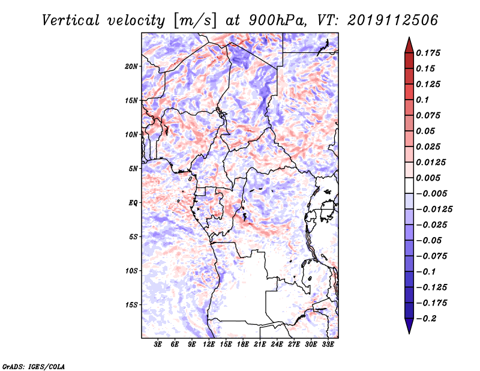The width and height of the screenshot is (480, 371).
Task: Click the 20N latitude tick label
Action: point(131,67)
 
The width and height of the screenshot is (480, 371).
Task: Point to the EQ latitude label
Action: point(133,203)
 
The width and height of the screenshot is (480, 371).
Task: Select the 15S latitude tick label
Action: point(131,305)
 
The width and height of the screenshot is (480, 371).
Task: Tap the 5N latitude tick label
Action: point(133,169)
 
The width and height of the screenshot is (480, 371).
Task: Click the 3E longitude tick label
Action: point(158,344)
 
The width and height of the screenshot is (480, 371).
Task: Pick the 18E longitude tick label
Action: point(242,344)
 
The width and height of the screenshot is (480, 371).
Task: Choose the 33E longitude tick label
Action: point(328,344)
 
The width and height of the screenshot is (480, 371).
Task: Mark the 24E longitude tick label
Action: point(277,344)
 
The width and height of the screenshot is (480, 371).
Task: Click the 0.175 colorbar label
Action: point(428,53)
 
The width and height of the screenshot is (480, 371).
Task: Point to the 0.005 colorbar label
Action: point(428,178)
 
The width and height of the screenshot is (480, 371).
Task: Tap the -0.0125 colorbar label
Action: point(434,210)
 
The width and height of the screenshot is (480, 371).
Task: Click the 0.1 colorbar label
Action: point(422,100)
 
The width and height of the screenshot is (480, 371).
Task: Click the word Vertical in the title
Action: point(71,20)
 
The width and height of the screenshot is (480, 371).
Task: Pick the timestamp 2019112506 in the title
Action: point(393,20)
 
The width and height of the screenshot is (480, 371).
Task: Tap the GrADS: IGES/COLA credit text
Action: point(34,367)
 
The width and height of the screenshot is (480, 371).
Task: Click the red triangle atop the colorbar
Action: point(409,46)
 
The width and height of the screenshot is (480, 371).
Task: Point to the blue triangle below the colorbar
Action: point(409,325)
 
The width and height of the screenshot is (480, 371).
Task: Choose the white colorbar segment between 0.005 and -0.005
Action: point(409,185)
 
